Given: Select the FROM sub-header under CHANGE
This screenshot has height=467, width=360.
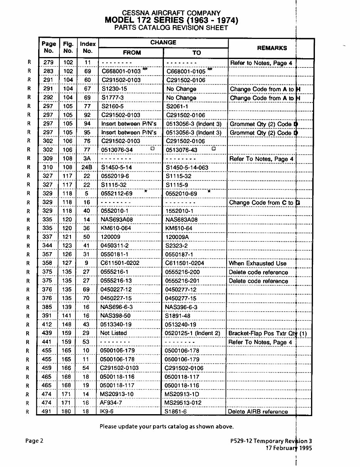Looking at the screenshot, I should pyautogui.click(x=132, y=53).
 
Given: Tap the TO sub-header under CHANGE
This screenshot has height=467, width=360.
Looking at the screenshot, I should pyautogui.click(x=197, y=53).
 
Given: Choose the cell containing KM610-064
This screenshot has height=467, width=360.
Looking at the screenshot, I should pyautogui.click(x=116, y=229).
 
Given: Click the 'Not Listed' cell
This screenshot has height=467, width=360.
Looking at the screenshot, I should pyautogui.click(x=113, y=333).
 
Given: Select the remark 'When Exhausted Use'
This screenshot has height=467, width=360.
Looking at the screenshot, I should pyautogui.click(x=257, y=263).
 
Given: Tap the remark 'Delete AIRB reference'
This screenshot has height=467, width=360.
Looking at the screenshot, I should pyautogui.click(x=258, y=411).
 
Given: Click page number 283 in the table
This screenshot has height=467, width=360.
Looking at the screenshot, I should pyautogui.click(x=49, y=71).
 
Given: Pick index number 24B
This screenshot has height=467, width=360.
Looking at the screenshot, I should pyautogui.click(x=87, y=167).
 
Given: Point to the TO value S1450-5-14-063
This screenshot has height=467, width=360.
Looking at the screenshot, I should pyautogui.click(x=187, y=167).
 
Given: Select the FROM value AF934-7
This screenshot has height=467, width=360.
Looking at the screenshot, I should pyautogui.click(x=111, y=403).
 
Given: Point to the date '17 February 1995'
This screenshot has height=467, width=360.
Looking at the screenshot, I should pyautogui.click(x=289, y=448).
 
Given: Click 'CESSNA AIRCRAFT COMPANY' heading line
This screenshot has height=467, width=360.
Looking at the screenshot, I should pyautogui.click(x=171, y=13).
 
